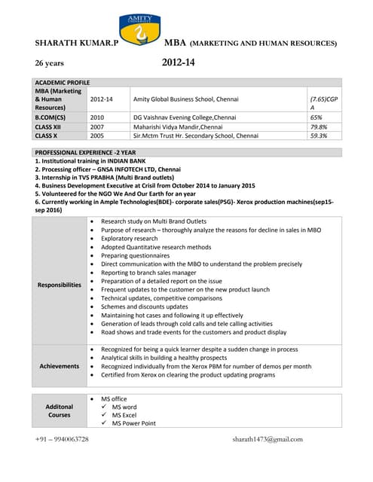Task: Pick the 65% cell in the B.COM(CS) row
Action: pyautogui.click(x=316, y=117)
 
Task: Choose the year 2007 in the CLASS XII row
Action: pyautogui.click(x=97, y=127)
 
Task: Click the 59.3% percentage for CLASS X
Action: pyautogui.click(x=319, y=136)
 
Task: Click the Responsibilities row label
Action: pyautogui.click(x=60, y=285)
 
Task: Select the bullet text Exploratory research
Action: pyautogui.click(x=130, y=238)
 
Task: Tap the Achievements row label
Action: pyautogui.click(x=60, y=366)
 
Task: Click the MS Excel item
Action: pyautogui.click(x=124, y=415)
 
